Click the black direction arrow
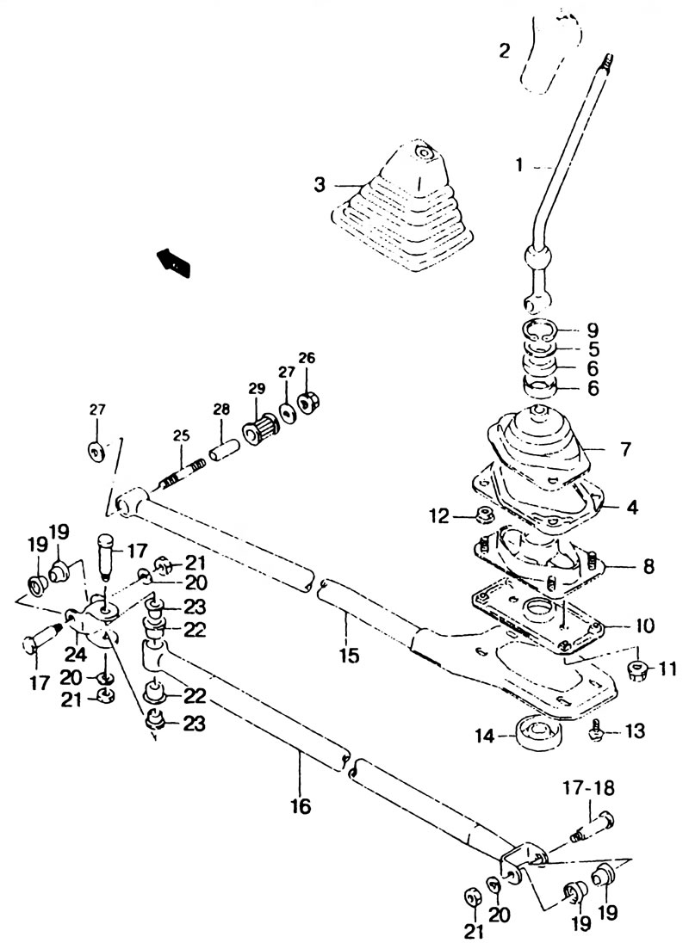pyautogui.click(x=174, y=262)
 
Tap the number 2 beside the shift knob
pyautogui.click(x=505, y=50)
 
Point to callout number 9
pyautogui.click(x=593, y=330)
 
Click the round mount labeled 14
pyautogui.click(x=537, y=733)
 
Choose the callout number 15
pyautogui.click(x=348, y=654)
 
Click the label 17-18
pyautogui.click(x=589, y=787)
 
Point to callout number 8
pyautogui.click(x=648, y=566)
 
